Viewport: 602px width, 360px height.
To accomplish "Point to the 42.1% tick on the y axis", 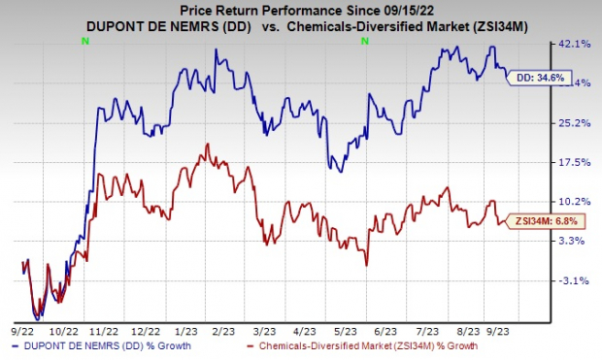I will pos(571,44).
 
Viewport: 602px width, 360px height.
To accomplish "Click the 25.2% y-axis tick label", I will pos(571,123).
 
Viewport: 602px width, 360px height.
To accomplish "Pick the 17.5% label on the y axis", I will pos(571,163).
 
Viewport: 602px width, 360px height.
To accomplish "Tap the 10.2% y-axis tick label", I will pos(571,202).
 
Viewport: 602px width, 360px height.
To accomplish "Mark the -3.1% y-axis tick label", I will pos(573,281).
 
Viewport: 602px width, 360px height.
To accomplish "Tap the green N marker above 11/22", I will pos(86,41).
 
